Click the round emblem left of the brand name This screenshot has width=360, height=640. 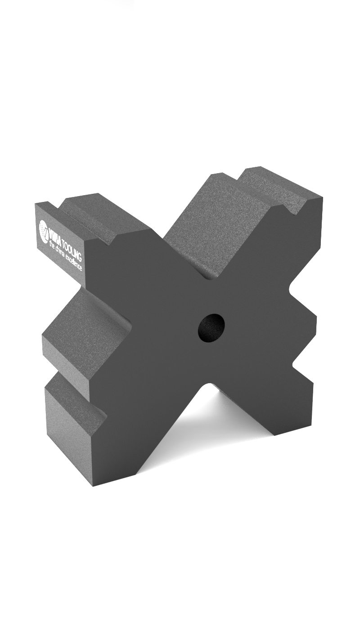(44, 228)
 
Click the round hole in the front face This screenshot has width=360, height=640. (211, 327)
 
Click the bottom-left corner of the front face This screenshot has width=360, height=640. (94, 486)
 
